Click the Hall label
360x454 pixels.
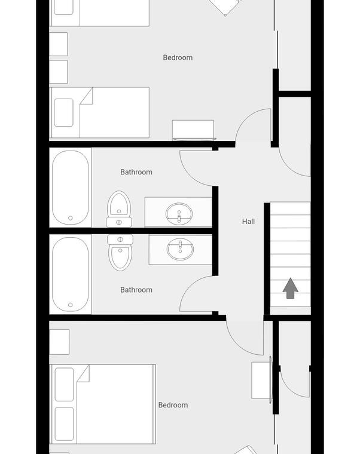[x=248, y=222]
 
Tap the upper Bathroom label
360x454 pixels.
[x=136, y=172]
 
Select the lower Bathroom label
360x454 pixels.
[x=136, y=290]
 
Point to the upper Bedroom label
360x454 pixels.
[x=178, y=57]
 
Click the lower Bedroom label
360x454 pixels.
[x=173, y=405]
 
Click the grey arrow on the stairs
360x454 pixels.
[x=291, y=288]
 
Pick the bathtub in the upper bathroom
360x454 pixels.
[x=71, y=188]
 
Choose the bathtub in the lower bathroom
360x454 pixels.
[x=71, y=274]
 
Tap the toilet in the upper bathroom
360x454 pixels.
[x=119, y=209]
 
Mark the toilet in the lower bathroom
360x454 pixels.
[x=120, y=253]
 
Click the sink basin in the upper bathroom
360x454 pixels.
[x=179, y=214]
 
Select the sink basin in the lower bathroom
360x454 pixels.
[x=180, y=249]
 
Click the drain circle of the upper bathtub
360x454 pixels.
[x=71, y=218]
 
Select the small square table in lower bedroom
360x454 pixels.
[x=59, y=342]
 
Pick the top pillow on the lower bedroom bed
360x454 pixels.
[x=64, y=384]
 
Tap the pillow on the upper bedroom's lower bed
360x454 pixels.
[x=63, y=112]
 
